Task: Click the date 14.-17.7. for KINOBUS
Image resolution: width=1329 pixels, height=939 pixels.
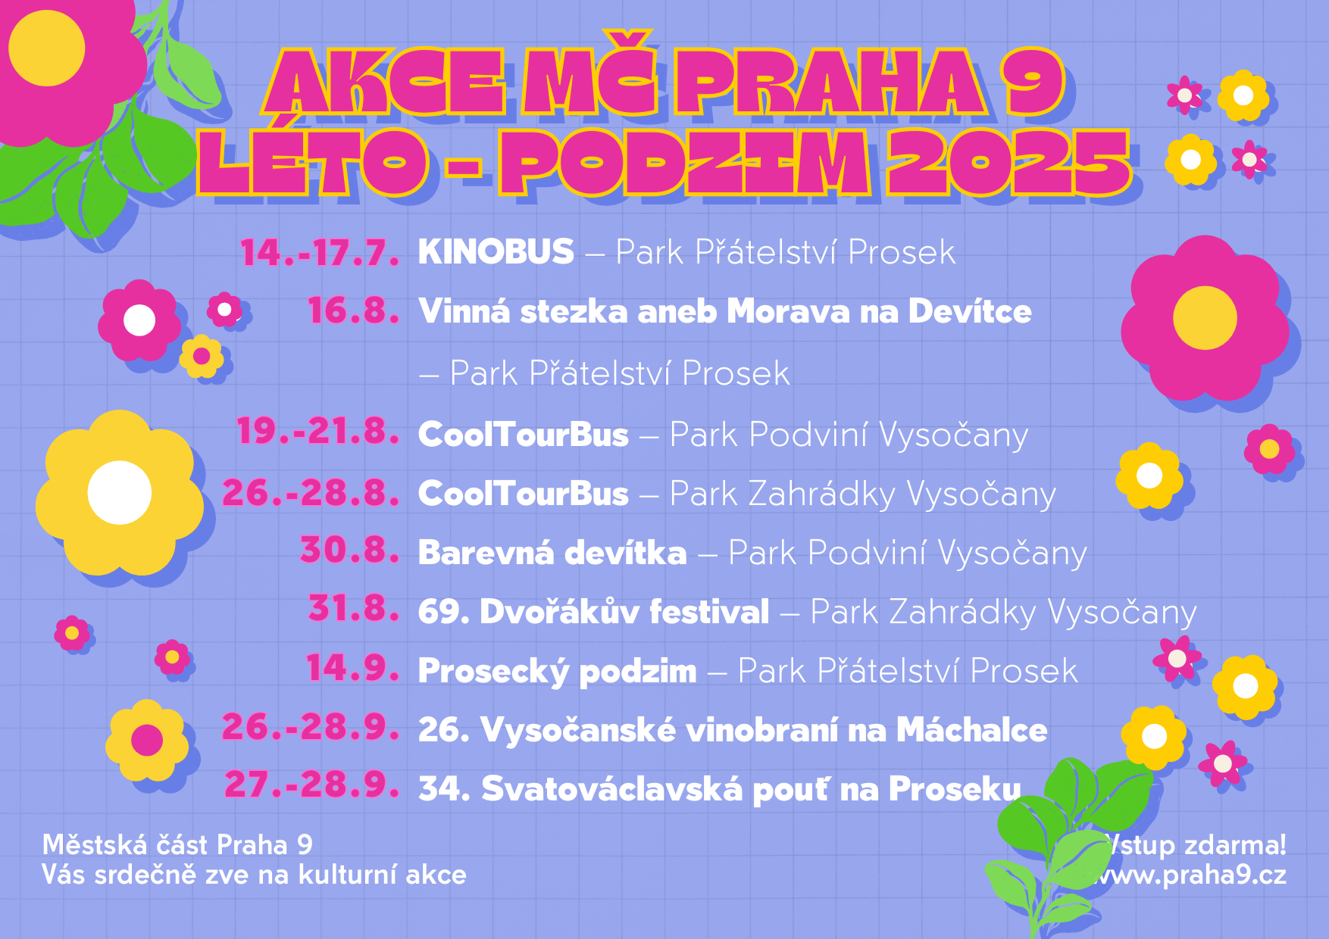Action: (x=320, y=252)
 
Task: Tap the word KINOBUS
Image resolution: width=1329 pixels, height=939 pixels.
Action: (x=496, y=251)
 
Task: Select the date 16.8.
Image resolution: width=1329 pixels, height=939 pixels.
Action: (x=354, y=311)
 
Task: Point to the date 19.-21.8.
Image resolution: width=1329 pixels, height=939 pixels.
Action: (x=318, y=432)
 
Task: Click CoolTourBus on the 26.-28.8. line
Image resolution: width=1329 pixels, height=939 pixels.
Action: (x=524, y=494)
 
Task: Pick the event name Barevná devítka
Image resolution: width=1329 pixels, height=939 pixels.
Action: (x=552, y=553)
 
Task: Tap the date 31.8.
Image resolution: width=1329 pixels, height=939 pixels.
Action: (x=354, y=608)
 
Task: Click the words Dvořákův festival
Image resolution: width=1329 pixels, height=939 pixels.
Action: (x=624, y=612)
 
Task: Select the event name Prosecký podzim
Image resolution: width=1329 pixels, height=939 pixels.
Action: (x=558, y=672)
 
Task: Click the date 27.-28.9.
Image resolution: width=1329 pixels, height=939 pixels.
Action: (x=311, y=785)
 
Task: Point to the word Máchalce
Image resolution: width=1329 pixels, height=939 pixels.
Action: (x=972, y=730)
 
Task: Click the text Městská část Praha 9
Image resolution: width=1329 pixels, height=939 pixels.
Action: (x=177, y=844)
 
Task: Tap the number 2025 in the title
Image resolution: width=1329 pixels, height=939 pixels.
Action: (x=1008, y=162)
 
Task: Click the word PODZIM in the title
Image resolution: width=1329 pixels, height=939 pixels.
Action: (x=685, y=162)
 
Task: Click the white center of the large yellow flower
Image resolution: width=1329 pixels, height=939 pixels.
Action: (x=120, y=492)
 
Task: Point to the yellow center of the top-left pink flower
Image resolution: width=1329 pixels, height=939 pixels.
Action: (x=47, y=48)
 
